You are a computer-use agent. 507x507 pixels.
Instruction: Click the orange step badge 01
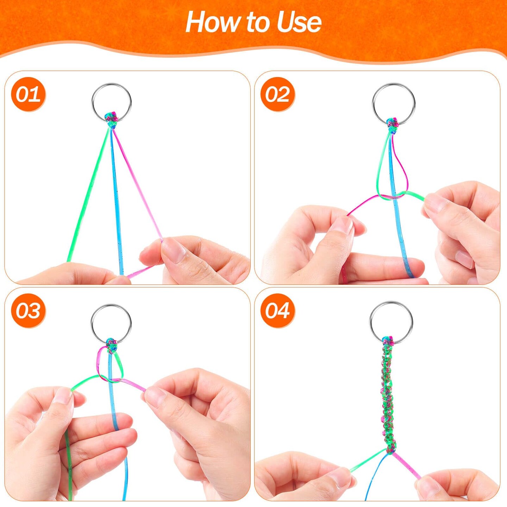28,95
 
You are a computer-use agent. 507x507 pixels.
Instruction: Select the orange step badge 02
277,95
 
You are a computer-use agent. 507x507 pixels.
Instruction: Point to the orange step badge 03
28,311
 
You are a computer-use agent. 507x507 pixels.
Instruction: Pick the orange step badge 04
277,311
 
